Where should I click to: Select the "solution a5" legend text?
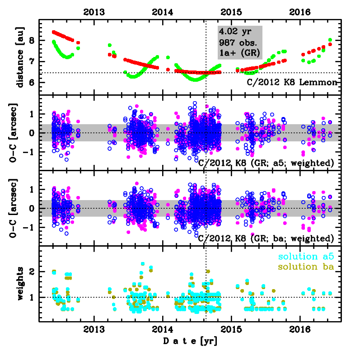[x=306, y=257]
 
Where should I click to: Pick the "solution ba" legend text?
[x=306, y=267]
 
